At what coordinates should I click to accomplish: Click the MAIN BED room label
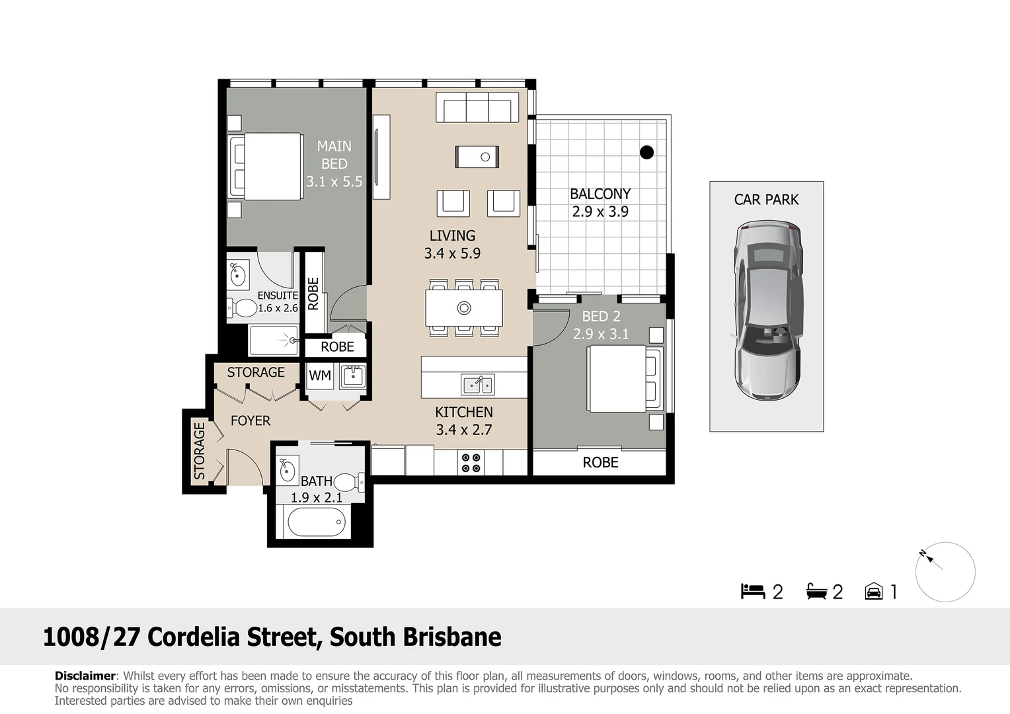coord(334,164)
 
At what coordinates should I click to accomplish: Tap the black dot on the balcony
coord(646,153)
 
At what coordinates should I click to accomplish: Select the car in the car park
coord(767,311)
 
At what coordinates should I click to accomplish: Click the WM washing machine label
coord(320,376)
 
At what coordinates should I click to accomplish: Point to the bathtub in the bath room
coord(317,522)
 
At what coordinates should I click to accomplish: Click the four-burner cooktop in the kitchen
coord(471,463)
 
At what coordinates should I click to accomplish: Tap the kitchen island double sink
coord(477,385)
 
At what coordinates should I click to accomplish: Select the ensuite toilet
coord(242,309)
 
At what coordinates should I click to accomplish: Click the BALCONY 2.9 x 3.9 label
coord(600,202)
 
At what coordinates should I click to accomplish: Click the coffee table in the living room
coord(477,157)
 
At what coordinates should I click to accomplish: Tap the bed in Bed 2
coord(625,379)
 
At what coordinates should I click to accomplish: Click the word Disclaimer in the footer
coord(85,676)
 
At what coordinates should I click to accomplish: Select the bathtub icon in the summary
coord(816,591)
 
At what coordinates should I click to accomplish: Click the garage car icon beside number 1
coord(873,591)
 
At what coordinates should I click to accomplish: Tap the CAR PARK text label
coord(766,200)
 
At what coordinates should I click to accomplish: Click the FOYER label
coord(251,421)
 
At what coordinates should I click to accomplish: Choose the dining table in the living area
coord(464,308)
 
